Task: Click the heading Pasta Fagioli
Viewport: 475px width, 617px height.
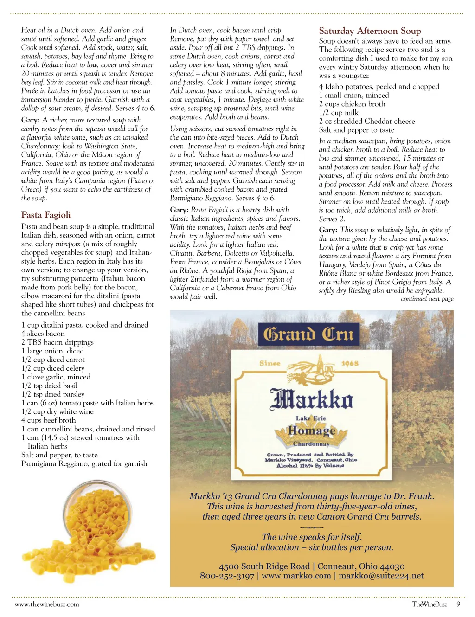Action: [46, 215]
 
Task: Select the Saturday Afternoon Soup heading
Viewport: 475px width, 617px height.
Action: [370, 31]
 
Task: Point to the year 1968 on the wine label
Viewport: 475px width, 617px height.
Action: [350, 363]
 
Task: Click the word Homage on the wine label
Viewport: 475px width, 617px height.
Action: [311, 431]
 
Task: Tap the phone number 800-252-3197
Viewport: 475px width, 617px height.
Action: [227, 576]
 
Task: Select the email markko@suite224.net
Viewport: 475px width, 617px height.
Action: [381, 576]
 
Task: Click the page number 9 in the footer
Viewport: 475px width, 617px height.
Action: [458, 604]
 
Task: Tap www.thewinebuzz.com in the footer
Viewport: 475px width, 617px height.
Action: [47, 604]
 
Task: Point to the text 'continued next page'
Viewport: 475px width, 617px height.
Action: [427, 299]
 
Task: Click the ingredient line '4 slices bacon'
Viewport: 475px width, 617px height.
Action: [43, 334]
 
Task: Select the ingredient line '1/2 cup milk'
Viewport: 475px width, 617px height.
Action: [339, 113]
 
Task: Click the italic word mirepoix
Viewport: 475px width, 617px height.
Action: [68, 244]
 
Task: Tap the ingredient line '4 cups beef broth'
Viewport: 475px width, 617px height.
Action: [48, 420]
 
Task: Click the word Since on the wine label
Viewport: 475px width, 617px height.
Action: [270, 363]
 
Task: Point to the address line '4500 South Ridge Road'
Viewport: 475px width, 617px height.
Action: [264, 566]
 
